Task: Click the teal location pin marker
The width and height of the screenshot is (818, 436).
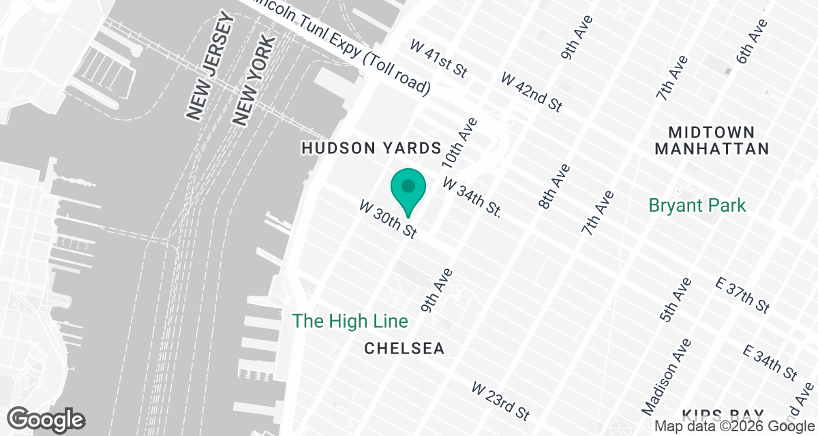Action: (408, 189)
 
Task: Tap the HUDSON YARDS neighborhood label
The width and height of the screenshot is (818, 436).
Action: (372, 148)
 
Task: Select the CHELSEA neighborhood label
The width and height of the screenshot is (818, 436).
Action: (404, 349)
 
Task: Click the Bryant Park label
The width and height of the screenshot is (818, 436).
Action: (697, 205)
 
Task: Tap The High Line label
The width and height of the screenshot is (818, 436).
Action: (350, 321)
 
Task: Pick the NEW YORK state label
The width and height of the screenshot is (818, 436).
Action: (253, 80)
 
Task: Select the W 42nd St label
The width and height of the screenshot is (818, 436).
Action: (532, 91)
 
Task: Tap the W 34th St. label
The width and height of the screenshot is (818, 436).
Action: (472, 198)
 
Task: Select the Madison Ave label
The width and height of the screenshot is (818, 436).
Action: (665, 376)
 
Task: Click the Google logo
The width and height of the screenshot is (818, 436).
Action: (46, 418)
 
